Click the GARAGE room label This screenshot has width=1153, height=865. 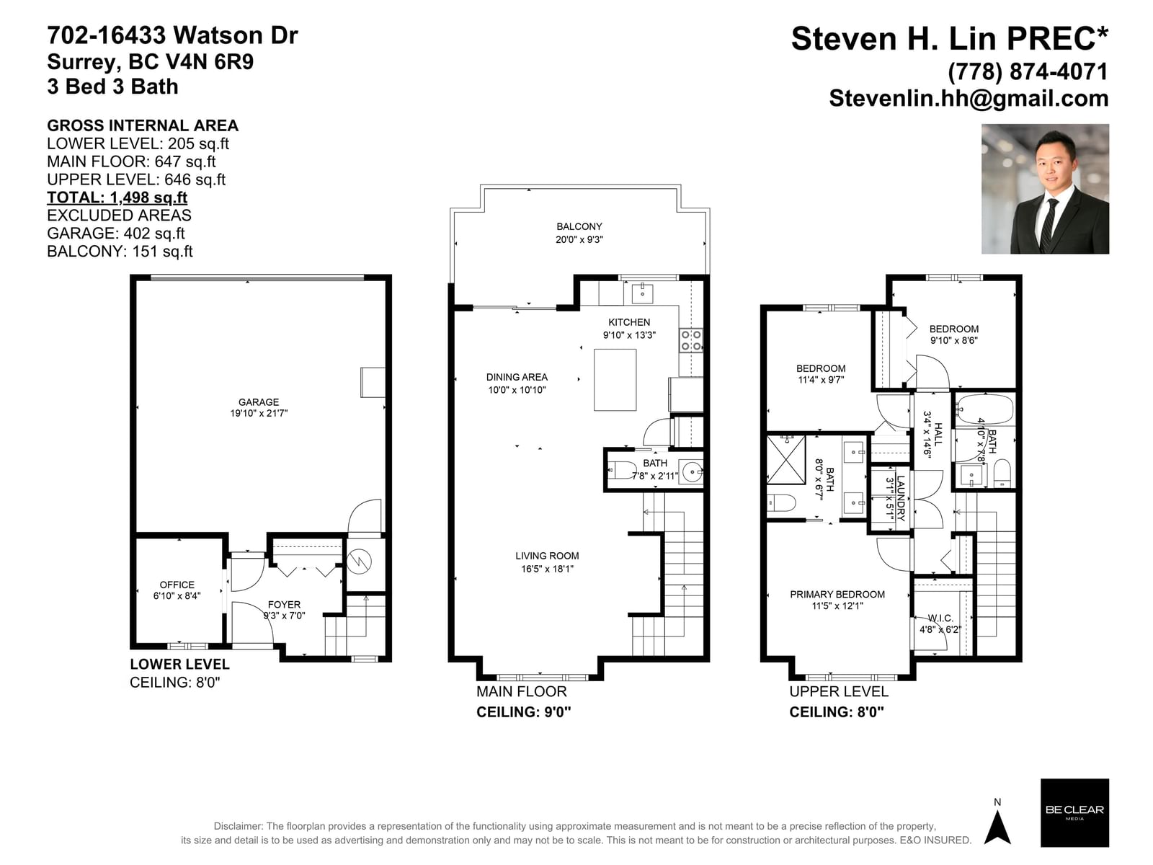click(259, 402)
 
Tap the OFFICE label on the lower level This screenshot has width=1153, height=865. click(177, 585)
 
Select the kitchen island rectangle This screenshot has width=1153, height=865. click(615, 380)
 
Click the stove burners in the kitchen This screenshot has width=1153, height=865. click(691, 340)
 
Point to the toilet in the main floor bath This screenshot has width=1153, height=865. click(620, 470)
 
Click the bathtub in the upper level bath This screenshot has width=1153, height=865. click(984, 411)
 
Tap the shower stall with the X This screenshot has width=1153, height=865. click(785, 460)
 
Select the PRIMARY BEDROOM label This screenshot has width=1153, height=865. click(837, 595)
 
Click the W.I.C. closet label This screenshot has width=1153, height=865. click(940, 618)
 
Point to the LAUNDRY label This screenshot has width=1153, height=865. click(900, 498)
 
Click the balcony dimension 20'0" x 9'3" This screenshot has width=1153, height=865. click(579, 239)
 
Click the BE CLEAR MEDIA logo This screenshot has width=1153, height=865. click(1074, 812)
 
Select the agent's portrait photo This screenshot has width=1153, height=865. click(1045, 189)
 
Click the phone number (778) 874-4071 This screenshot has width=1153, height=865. click(1028, 71)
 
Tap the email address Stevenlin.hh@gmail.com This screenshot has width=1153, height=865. click(969, 98)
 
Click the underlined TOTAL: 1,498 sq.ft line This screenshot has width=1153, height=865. click(117, 198)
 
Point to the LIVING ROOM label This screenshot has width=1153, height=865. click(547, 556)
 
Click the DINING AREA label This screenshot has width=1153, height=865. click(517, 377)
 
